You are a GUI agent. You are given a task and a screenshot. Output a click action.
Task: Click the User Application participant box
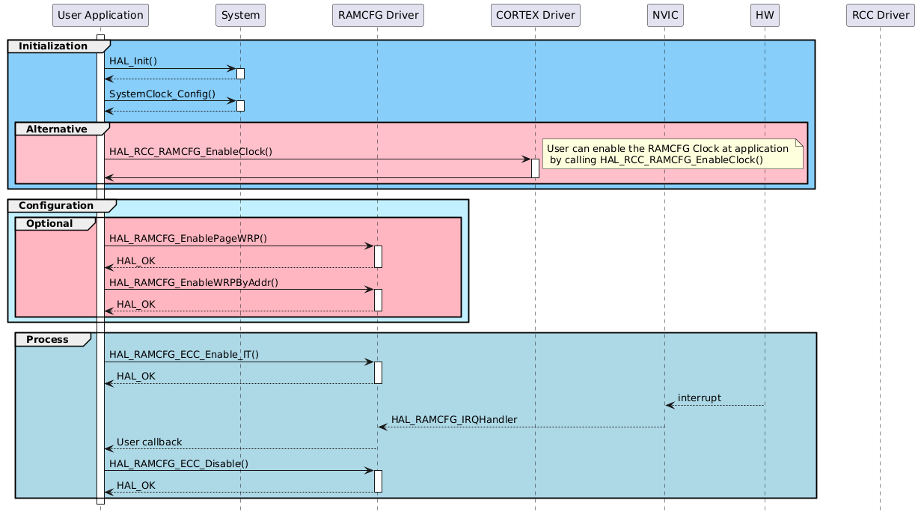pos(100,15)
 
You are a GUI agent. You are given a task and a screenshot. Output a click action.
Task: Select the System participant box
pos(240,15)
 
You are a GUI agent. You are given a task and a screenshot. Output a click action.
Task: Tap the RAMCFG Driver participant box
pos(377,15)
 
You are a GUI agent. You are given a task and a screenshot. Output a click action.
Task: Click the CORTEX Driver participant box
pos(535,15)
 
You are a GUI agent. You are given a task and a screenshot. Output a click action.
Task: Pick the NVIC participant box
pos(664,15)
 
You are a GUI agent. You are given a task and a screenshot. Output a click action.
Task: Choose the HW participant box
pos(765,15)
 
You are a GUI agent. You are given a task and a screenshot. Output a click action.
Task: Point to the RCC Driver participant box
pos(880,15)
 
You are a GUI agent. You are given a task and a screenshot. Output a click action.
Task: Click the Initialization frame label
pos(53,46)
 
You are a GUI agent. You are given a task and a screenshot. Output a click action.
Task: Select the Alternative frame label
pos(56,129)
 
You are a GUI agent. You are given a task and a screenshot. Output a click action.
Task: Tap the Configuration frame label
pos(56,205)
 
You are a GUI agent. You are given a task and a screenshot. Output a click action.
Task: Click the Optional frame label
pos(49,224)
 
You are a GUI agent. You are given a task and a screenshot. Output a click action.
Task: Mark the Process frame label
pos(47,340)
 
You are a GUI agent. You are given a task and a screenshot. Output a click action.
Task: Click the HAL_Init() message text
pos(133,61)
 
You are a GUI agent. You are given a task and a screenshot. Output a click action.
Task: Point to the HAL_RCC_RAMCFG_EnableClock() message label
pos(191,151)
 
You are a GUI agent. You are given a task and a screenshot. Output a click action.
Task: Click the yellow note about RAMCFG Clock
pos(672,153)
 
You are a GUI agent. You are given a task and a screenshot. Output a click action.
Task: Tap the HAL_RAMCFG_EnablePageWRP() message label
pos(189,238)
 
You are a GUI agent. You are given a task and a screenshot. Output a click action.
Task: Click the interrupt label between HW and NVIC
pos(700,397)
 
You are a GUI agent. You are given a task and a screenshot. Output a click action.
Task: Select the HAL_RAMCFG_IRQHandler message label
pos(454,419)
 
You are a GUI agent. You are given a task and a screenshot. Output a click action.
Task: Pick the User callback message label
pos(149,442)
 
